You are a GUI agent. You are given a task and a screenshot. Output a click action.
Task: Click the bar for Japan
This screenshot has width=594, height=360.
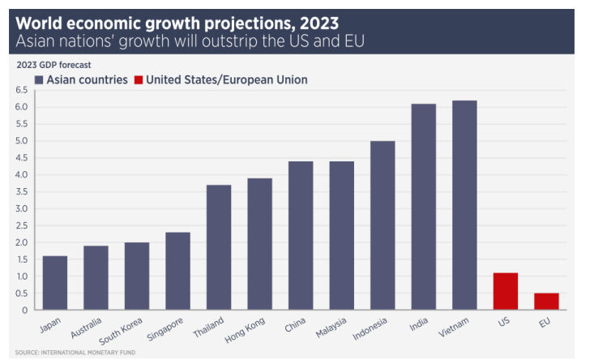click(55, 283)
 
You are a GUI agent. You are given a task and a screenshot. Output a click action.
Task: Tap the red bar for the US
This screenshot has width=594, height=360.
click(506, 291)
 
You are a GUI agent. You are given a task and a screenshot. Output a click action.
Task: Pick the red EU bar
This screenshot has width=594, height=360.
click(546, 302)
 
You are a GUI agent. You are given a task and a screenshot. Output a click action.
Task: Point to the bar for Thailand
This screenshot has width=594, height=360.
click(219, 247)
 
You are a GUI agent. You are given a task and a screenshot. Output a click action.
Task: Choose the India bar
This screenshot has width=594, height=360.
click(424, 207)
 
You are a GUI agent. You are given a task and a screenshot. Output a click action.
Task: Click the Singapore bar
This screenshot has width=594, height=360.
click(177, 271)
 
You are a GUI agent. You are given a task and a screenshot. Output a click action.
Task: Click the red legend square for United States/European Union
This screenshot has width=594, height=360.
click(139, 79)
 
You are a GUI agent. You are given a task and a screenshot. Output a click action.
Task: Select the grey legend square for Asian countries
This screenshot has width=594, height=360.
click(38, 79)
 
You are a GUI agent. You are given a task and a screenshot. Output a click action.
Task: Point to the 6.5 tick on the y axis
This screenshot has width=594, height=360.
click(22, 89)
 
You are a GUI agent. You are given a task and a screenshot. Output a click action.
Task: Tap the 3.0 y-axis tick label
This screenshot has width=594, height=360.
click(22, 208)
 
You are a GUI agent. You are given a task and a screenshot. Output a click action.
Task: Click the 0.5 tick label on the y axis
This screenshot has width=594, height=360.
click(22, 294)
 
